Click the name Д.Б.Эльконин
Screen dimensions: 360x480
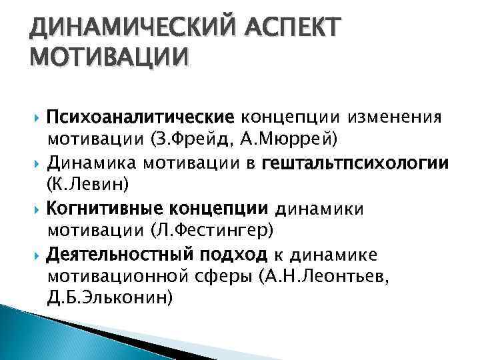pyautogui.click(x=111, y=297)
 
